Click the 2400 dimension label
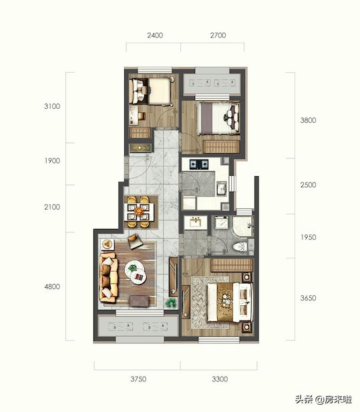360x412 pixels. (155, 35)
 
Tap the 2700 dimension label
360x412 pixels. (218, 35)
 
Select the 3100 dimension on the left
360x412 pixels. (52, 106)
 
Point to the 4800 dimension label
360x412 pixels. (52, 286)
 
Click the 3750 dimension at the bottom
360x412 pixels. (138, 379)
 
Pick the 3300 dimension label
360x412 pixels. (220, 379)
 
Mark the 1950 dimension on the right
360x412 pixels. (308, 237)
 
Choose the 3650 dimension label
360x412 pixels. (308, 298)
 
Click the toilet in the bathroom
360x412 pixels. (240, 246)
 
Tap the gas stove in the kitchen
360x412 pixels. (199, 164)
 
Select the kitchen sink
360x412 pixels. (222, 188)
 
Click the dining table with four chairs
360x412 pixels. (138, 212)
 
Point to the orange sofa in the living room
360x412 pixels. (108, 277)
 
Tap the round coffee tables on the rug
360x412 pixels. (136, 272)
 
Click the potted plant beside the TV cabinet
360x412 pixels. (170, 303)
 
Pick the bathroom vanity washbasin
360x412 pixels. (196, 222)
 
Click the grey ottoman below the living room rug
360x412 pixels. (140, 301)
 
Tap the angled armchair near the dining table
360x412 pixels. (135, 241)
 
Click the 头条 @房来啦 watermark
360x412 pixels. (323, 400)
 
